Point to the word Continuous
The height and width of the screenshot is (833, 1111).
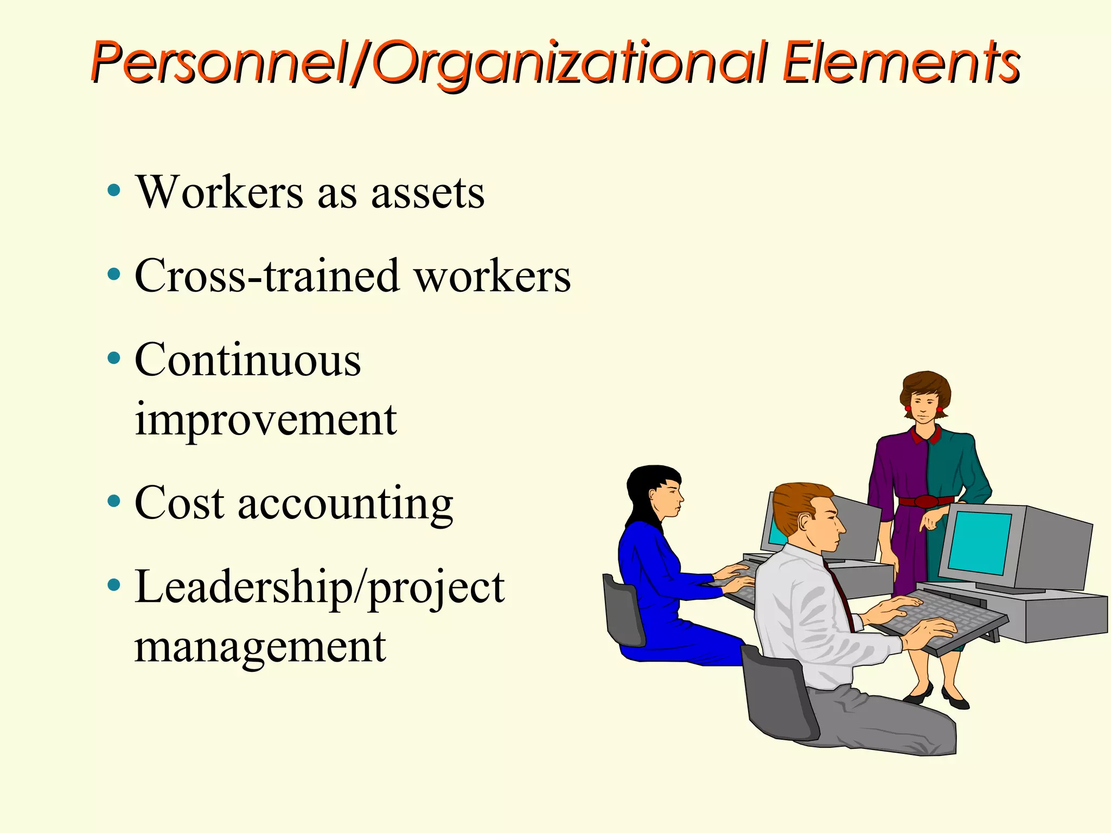click(247, 360)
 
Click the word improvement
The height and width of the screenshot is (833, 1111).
click(265, 420)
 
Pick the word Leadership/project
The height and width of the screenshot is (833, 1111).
click(320, 588)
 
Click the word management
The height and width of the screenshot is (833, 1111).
click(260, 647)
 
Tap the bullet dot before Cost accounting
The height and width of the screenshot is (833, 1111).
click(113, 501)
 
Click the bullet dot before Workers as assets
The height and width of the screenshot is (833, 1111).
click(113, 190)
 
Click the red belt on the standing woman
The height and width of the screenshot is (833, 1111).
click(925, 501)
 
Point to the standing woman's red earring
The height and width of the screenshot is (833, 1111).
click(908, 408)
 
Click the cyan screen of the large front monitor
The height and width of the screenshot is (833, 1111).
click(980, 542)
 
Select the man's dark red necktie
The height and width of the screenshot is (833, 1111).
click(840, 597)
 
